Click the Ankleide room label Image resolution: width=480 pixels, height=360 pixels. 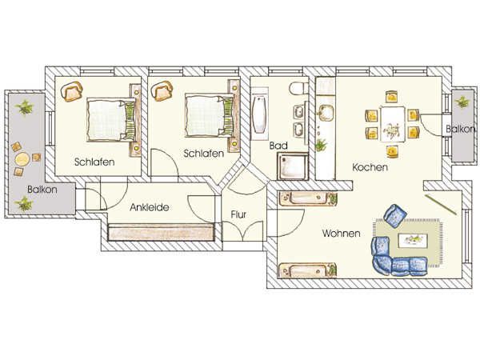click(x=150, y=207)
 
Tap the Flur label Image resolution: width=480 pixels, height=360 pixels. click(x=238, y=214)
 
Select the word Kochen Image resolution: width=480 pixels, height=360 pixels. click(x=370, y=167)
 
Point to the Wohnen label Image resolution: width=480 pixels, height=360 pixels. click(x=341, y=234)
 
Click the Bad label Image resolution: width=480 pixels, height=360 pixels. click(x=278, y=146)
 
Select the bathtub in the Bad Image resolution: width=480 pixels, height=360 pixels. click(x=259, y=114)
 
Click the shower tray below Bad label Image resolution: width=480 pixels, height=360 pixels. click(x=293, y=166)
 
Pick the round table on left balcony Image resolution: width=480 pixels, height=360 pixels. click(x=22, y=158)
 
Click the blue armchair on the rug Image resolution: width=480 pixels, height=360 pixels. click(x=395, y=215)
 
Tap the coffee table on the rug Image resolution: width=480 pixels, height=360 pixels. click(x=412, y=238)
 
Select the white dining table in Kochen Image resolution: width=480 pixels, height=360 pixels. click(x=392, y=124)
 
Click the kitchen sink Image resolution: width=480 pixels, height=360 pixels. click(x=326, y=113)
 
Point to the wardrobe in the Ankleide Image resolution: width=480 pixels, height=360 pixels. click(x=161, y=232)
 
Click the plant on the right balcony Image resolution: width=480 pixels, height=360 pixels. click(x=462, y=102)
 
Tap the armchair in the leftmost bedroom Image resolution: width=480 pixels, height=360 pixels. click(x=72, y=91)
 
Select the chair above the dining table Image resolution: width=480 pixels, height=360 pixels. click(x=391, y=97)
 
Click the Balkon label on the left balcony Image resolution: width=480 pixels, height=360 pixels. click(x=42, y=190)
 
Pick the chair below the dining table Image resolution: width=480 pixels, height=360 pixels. click(x=392, y=151)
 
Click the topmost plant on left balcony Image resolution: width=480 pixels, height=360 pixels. click(x=24, y=107)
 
